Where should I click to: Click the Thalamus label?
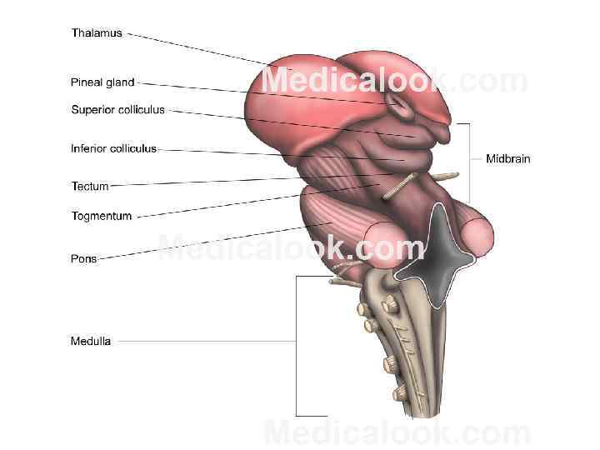(x=97, y=33)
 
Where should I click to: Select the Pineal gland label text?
(x=102, y=82)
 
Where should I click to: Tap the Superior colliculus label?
(x=118, y=109)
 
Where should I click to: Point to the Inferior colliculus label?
(x=113, y=149)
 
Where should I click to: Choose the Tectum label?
(x=90, y=187)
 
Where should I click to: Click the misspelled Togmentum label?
(x=102, y=217)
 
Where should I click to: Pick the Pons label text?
(x=83, y=259)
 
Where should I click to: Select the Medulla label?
(x=91, y=341)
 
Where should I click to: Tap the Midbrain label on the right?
(x=508, y=158)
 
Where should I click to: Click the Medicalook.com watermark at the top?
(x=395, y=82)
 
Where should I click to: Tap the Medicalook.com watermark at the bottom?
(x=397, y=433)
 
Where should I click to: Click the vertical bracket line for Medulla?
(x=296, y=346)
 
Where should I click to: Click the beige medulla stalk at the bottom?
(x=417, y=358)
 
